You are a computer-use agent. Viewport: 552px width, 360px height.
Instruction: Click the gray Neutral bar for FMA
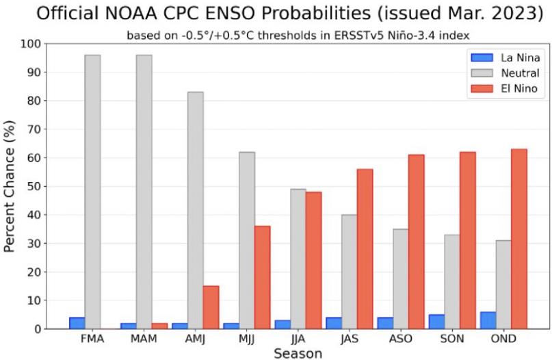pyautogui.click(x=92, y=192)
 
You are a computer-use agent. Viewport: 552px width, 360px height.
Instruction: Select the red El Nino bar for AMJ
pyautogui.click(x=211, y=307)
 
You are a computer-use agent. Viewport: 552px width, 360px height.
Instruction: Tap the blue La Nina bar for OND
pyautogui.click(x=488, y=320)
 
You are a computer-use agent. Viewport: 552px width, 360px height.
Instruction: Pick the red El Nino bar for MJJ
pyautogui.click(x=262, y=278)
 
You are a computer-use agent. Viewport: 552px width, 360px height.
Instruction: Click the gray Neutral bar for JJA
pyautogui.click(x=298, y=259)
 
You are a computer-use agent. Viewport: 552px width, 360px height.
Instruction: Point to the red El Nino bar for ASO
pyautogui.click(x=417, y=242)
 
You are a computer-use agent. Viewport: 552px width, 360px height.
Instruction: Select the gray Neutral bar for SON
pyautogui.click(x=452, y=282)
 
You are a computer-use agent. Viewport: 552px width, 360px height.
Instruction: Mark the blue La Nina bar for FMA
pyautogui.click(x=77, y=323)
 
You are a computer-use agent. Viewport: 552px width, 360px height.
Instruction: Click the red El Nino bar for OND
pyautogui.click(x=519, y=239)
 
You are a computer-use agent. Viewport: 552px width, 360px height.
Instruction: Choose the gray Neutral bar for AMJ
pyautogui.click(x=196, y=211)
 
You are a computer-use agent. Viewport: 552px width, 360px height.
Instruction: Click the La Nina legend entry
pyautogui.click(x=505, y=57)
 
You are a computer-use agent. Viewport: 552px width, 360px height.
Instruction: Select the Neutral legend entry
pyautogui.click(x=505, y=73)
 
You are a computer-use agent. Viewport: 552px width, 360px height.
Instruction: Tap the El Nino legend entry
pyautogui.click(x=505, y=88)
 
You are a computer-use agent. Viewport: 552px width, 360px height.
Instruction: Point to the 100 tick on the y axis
pyautogui.click(x=31, y=44)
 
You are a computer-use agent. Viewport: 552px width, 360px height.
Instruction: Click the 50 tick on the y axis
pyautogui.click(x=34, y=186)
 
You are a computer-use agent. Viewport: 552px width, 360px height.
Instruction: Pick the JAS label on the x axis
pyautogui.click(x=350, y=339)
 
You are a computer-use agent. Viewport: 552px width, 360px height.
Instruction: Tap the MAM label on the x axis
pyautogui.click(x=144, y=339)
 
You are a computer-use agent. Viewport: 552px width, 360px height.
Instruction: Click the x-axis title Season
pyautogui.click(x=298, y=353)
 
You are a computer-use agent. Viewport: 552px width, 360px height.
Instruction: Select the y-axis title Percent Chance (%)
pyautogui.click(x=10, y=186)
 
